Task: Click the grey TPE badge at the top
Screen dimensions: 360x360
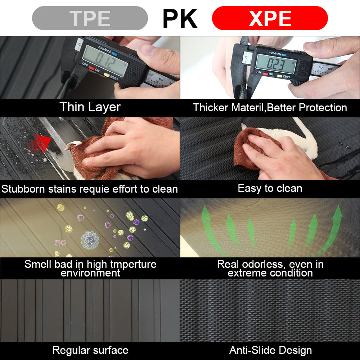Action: (x=90, y=18)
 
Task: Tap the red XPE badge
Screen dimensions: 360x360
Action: (x=270, y=18)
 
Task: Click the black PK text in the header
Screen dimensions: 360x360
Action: (x=180, y=18)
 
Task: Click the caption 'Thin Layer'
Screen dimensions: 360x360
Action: (x=90, y=107)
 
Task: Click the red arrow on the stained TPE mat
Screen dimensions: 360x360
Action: (x=39, y=144)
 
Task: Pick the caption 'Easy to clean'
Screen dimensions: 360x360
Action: (x=270, y=189)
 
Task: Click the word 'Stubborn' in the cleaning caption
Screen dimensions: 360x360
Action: (x=23, y=189)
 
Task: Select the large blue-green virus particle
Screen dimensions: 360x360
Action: (x=90, y=240)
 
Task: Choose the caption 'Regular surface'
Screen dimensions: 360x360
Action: (x=90, y=350)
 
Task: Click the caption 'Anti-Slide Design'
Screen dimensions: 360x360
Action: (x=270, y=350)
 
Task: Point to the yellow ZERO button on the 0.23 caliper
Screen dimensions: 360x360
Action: (x=280, y=76)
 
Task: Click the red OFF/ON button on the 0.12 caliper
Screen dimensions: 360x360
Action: (x=92, y=68)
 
